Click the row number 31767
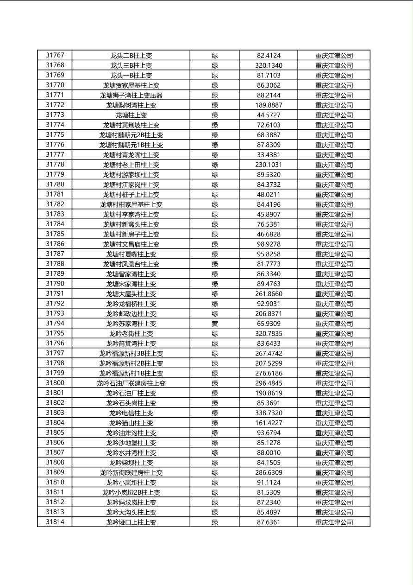click(x=55, y=56)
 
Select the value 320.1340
click(x=269, y=66)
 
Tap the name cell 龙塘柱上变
click(x=131, y=115)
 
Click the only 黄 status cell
click(x=215, y=324)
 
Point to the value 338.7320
click(x=269, y=413)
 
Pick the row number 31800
click(x=55, y=383)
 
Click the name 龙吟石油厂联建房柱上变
click(x=131, y=383)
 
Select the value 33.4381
click(x=269, y=155)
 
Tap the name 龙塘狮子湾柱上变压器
click(x=131, y=95)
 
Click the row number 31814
click(x=55, y=522)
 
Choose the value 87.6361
click(x=269, y=522)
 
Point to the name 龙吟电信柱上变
click(x=131, y=413)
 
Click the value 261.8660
click(x=269, y=294)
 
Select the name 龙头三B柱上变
click(x=131, y=66)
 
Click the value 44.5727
click(x=269, y=115)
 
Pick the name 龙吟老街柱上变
click(x=131, y=334)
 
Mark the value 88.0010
click(x=269, y=453)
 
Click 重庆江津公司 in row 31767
click(x=334, y=56)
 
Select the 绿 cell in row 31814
click(x=215, y=522)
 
